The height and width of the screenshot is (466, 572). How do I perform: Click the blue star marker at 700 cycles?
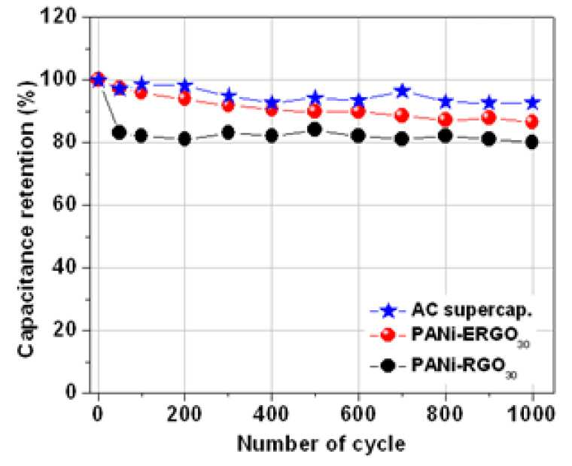(402, 91)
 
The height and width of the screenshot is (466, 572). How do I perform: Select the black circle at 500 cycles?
(315, 129)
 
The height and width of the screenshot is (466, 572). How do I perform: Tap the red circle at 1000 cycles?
(533, 122)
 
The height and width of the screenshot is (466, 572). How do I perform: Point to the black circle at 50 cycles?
(119, 132)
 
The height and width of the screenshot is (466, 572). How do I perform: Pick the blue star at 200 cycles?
(184, 85)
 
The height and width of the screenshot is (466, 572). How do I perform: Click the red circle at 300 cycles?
(228, 105)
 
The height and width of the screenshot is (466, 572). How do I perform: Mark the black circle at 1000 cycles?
(533, 142)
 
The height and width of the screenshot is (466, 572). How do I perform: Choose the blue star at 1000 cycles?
(533, 103)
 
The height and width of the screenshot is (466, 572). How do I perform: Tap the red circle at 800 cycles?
(446, 120)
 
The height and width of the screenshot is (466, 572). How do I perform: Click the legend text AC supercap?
(471, 310)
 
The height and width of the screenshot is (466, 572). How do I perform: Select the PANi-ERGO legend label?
(470, 337)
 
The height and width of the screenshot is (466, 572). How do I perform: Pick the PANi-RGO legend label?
(464, 367)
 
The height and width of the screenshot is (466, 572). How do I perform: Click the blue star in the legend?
(388, 311)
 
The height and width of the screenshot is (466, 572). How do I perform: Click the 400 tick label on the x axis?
(272, 415)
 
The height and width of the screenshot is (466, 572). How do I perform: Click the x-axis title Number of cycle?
(321, 444)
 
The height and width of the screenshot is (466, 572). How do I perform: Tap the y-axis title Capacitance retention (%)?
(26, 218)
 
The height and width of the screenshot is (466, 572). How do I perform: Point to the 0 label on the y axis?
(71, 393)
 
